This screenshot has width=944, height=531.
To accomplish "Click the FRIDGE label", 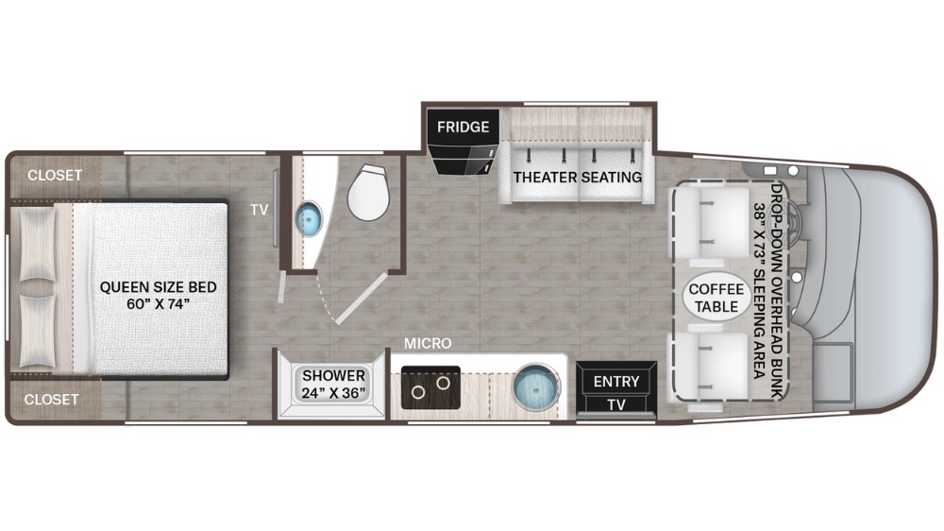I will (x=463, y=127).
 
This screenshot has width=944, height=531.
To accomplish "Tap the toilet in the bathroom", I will (x=367, y=193).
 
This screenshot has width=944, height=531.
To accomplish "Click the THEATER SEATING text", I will (x=577, y=177).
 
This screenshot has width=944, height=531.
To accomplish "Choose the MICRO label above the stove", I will (x=428, y=343).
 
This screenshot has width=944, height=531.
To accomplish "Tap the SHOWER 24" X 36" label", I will (x=333, y=384).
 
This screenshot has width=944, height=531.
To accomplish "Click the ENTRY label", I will (x=616, y=382).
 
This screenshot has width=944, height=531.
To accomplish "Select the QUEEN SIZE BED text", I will (x=159, y=295).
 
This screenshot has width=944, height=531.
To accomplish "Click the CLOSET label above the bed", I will (x=54, y=175).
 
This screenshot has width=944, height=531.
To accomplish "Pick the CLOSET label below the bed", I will (x=52, y=400).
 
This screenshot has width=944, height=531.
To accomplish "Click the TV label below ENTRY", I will (x=616, y=404).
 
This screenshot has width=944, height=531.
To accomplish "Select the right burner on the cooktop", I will (x=441, y=385).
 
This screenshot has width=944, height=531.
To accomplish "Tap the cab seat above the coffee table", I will (x=714, y=220).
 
